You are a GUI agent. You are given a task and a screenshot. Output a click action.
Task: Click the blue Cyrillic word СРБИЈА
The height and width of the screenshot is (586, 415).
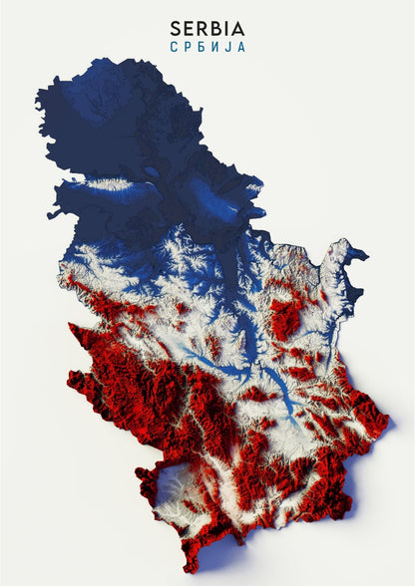[207, 47]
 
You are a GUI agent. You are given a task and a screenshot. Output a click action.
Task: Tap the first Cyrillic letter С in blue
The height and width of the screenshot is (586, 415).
[174, 47]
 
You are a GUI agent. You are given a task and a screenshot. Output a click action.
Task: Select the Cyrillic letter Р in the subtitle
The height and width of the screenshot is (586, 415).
[187, 47]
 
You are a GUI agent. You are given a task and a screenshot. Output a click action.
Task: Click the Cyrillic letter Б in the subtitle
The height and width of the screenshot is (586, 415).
[201, 47]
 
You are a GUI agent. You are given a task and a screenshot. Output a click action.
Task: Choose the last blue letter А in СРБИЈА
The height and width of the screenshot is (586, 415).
[240, 47]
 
